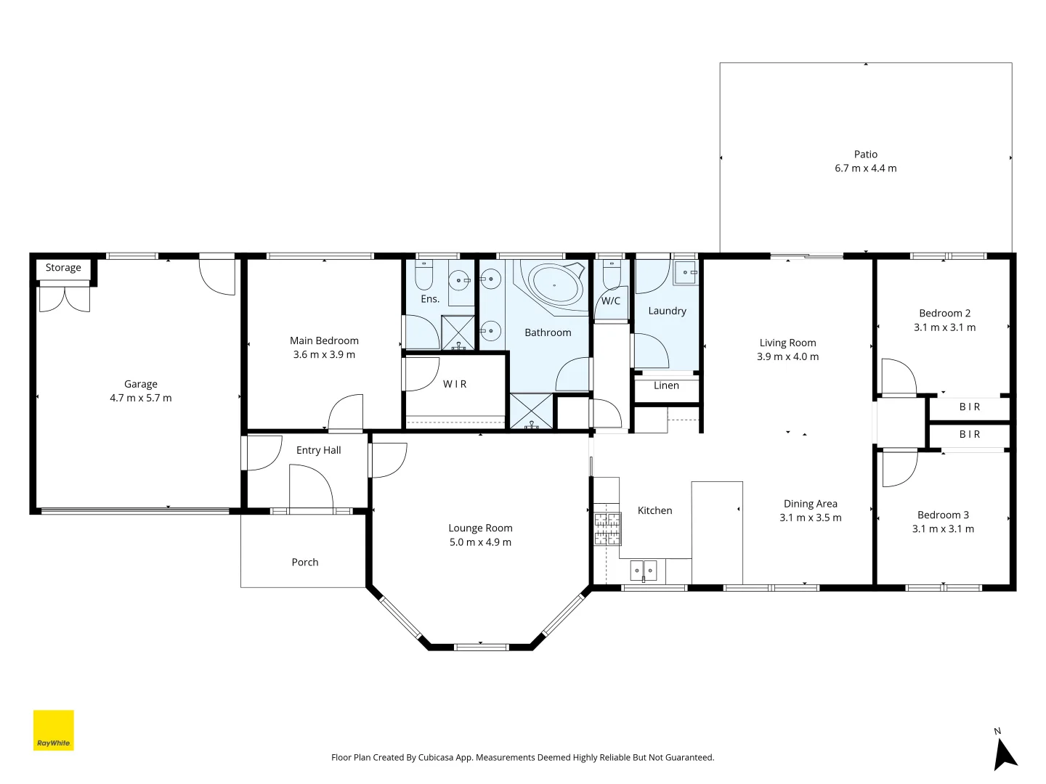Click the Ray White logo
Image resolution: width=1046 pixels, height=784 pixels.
54,730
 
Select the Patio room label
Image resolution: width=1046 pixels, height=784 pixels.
865,155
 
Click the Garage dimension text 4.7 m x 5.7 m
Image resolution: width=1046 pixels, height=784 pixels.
141,399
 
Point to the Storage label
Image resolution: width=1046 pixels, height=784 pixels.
63,268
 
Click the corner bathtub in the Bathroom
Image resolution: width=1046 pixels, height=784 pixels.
556,284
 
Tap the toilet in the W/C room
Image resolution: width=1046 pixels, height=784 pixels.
612,275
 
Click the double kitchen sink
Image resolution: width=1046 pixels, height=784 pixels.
643,571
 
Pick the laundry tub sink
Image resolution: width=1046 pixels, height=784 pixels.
685,273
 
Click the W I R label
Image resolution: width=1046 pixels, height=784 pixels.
455,384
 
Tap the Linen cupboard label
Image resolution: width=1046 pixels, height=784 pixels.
666,385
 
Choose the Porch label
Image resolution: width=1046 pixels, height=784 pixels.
305,563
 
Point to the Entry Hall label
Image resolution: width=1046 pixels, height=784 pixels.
318,451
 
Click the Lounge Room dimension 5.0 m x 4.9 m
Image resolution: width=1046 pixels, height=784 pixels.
480,542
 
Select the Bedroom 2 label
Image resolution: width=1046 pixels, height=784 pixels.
944,314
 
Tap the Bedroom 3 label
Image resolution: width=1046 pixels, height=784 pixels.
943,515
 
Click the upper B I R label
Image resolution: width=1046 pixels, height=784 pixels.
970,407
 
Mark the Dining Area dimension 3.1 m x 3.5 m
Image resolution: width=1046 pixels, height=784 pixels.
810,518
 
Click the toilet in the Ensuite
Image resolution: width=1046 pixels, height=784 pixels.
424,276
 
